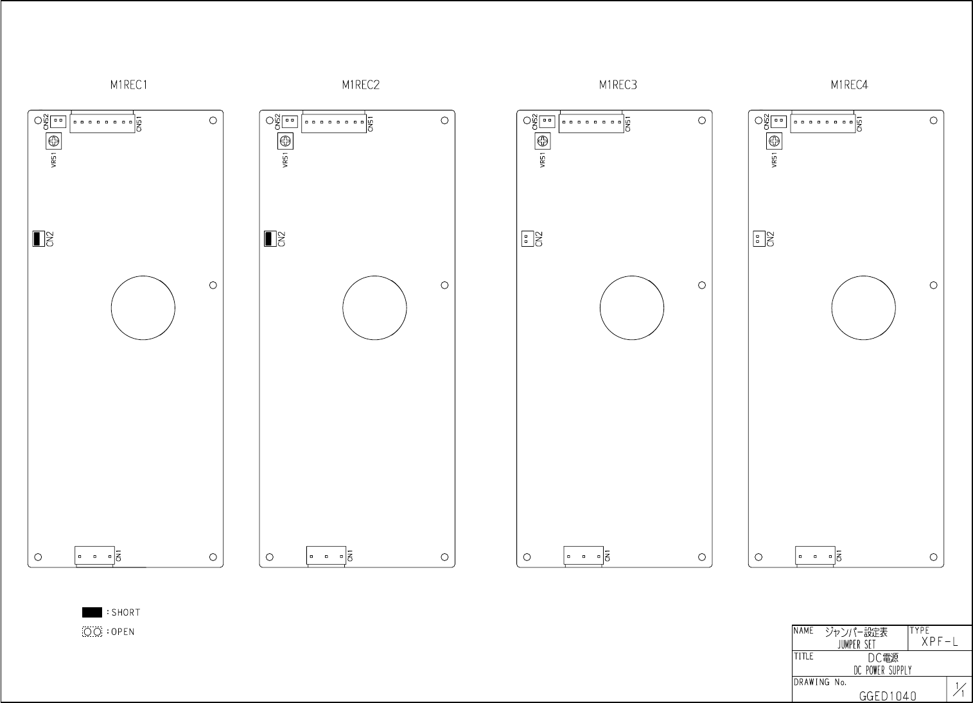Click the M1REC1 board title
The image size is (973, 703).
tap(128, 85)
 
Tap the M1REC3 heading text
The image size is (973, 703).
tap(618, 85)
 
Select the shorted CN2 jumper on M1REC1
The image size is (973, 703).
tap(39, 238)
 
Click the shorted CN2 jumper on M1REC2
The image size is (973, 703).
tap(270, 238)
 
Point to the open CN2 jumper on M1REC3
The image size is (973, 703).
tap(527, 238)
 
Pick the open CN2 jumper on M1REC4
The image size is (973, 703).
tap(759, 238)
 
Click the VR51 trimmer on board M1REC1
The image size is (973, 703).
tap(54, 141)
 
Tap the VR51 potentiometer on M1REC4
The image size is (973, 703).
tap(774, 141)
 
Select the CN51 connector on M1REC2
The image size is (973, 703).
tap(334, 121)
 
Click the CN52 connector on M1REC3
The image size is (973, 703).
tap(547, 121)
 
